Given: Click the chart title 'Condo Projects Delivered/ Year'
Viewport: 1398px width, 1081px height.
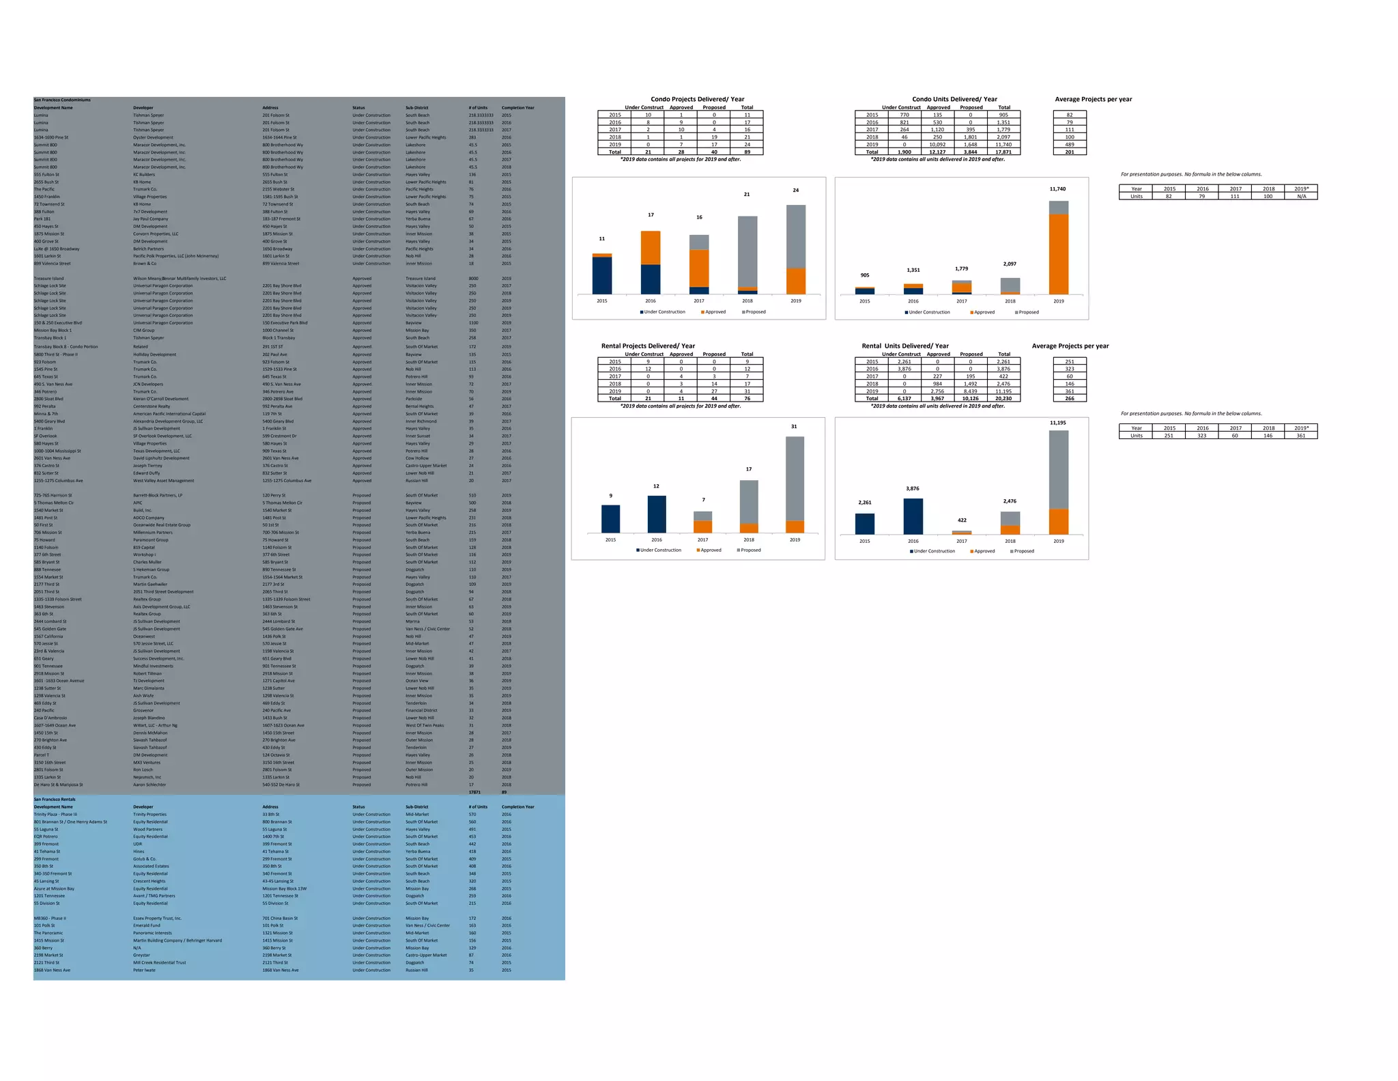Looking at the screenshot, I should pos(697,99).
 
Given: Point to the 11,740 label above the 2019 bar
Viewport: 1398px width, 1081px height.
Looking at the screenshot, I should pos(1057,188).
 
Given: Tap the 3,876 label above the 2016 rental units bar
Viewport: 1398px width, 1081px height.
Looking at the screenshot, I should pos(913,488).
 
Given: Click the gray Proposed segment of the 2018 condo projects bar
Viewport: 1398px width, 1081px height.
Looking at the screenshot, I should pos(747,251).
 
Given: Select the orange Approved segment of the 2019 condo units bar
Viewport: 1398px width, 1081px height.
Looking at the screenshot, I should pos(1058,253).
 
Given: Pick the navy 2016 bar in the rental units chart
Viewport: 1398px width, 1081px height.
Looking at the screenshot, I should pos(913,516).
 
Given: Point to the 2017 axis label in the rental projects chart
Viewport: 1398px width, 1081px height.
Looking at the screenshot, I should pos(702,539).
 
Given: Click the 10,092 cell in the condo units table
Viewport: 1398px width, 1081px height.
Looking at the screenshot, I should pos(937,145).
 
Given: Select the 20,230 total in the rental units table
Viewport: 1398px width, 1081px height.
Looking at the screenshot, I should pos(1003,399).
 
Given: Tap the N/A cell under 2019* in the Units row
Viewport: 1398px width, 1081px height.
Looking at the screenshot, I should pos(1301,197).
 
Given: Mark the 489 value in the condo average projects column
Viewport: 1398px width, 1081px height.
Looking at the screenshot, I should pos(1070,145).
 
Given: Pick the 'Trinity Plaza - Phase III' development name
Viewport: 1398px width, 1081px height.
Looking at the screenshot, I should pos(56,814).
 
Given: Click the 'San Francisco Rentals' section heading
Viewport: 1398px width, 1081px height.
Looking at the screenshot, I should pos(55,799).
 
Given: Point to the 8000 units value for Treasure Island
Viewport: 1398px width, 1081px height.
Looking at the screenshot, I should pos(473,279).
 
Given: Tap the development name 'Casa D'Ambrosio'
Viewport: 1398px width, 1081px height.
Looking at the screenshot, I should pos(51,718).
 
